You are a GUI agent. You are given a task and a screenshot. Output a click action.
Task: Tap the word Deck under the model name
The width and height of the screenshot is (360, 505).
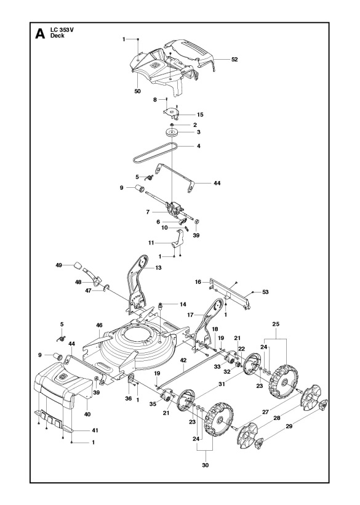click(57, 36)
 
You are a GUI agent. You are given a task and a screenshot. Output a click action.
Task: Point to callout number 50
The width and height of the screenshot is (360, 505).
click(137, 91)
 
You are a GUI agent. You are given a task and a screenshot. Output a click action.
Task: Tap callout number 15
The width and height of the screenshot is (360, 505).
click(200, 115)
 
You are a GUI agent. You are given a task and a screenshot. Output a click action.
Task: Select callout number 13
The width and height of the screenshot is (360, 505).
click(159, 268)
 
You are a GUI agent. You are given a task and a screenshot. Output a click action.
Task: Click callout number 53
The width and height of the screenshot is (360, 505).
click(265, 293)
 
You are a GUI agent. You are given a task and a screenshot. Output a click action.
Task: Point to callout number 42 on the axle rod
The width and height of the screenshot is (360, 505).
click(183, 360)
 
